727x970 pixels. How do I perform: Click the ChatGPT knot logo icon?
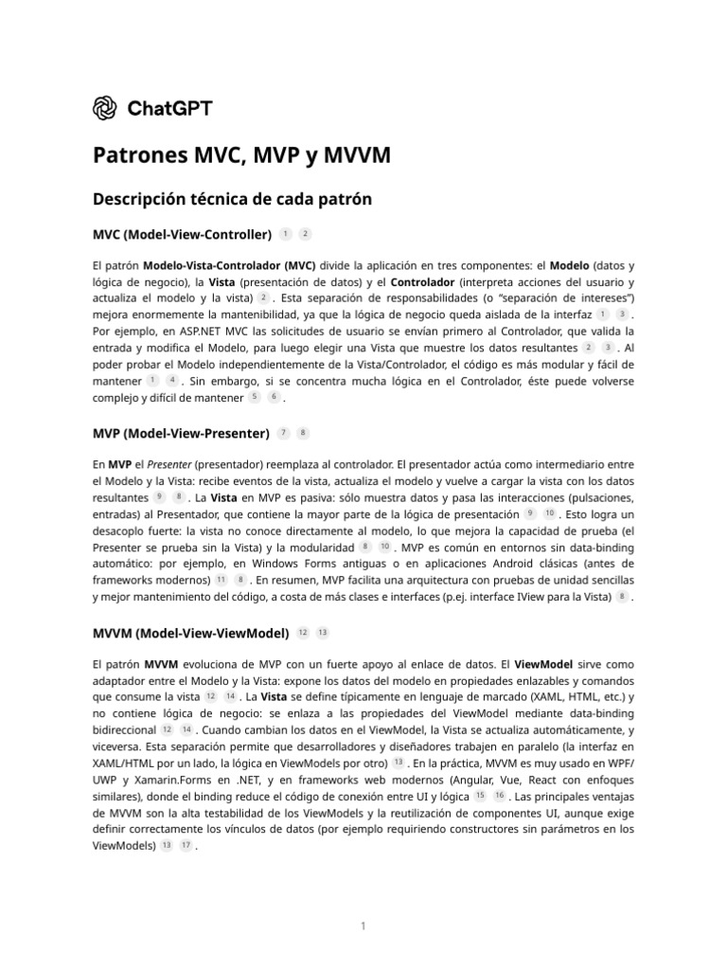(104, 108)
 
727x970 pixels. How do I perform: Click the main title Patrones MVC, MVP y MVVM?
(240, 155)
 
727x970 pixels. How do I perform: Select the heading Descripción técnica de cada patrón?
(232, 199)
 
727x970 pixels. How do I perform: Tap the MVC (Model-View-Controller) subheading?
(182, 234)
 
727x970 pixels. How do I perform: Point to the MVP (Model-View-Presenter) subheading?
(181, 433)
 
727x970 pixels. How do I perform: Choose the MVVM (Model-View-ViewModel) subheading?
(190, 632)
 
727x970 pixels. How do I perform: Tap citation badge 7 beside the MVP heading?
(284, 433)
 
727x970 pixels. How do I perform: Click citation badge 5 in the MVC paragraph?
(255, 399)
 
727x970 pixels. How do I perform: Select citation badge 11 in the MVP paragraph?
(221, 579)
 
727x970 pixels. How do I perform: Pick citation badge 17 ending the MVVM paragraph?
(186, 846)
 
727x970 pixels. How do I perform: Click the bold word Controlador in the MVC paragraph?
(420, 281)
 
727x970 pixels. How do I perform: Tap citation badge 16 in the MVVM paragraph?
(499, 795)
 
